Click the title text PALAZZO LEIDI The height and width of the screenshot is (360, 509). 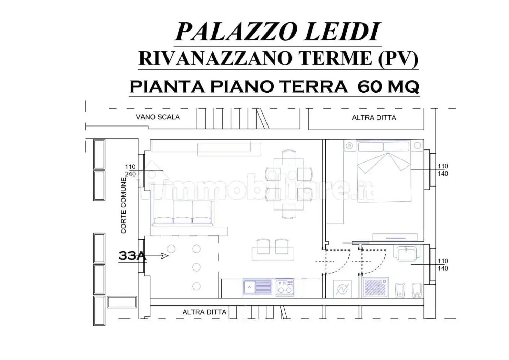(x=277, y=32)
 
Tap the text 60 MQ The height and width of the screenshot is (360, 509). (x=388, y=86)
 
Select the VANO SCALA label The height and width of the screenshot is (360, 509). (x=158, y=117)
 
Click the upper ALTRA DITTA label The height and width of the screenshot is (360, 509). (x=374, y=118)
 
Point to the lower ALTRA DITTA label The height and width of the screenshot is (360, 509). (x=204, y=312)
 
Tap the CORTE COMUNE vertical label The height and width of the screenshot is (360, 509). (x=124, y=205)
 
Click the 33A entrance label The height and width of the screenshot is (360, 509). (x=132, y=255)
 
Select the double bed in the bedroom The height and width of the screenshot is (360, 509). (x=384, y=171)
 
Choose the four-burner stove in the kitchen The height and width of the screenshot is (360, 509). (x=285, y=287)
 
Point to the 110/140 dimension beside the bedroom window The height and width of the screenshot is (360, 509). (x=443, y=170)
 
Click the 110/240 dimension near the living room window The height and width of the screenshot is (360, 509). (x=130, y=170)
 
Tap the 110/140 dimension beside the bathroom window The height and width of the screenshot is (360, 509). (x=443, y=265)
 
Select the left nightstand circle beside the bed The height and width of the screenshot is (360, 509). (x=349, y=146)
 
